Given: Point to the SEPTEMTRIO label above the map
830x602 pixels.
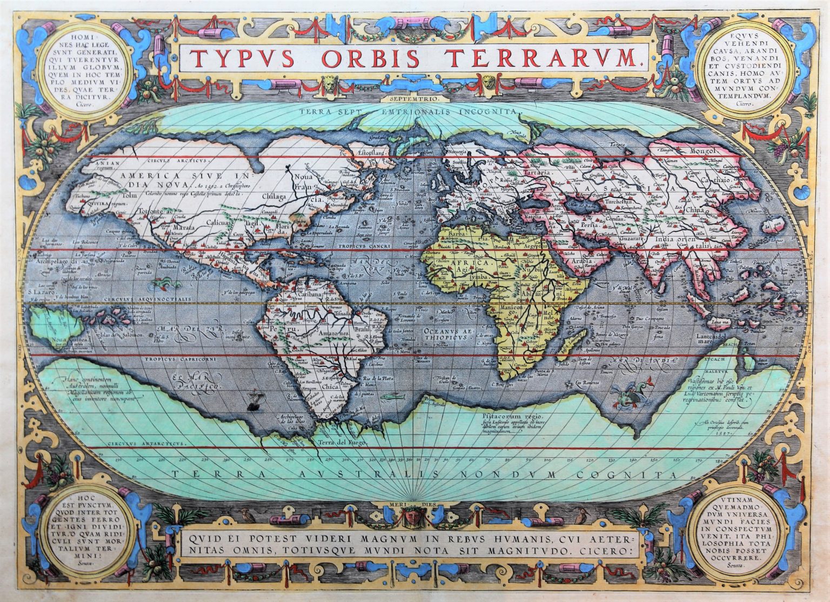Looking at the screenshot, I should [414, 99].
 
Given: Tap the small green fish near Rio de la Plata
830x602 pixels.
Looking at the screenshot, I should [388, 397].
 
